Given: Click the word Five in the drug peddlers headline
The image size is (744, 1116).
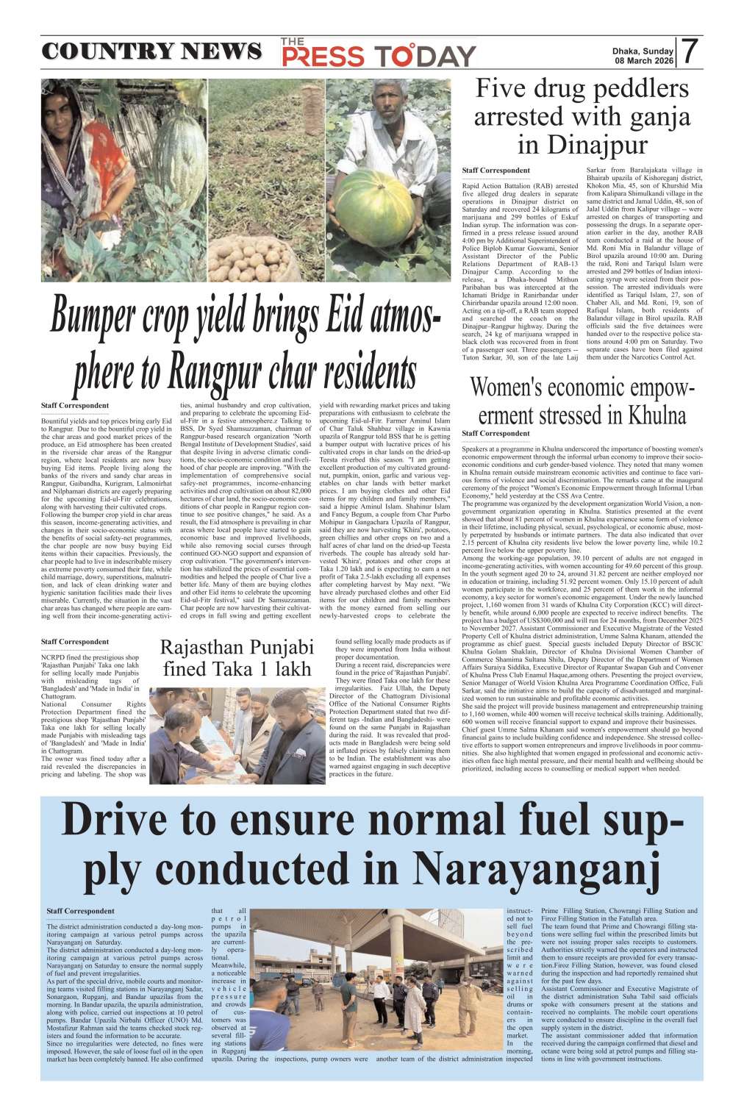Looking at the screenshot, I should click(x=500, y=90).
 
